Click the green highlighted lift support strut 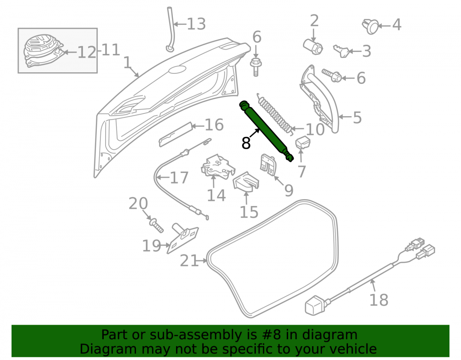tap(266, 131)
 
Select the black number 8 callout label tap(246, 143)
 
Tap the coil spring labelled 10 tap(276, 114)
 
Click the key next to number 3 tap(341, 51)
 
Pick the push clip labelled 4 tap(371, 26)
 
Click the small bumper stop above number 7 tap(302, 142)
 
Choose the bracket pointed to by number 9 tap(268, 165)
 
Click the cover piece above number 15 tap(246, 182)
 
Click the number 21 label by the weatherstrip tap(189, 261)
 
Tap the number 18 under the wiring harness tap(378, 300)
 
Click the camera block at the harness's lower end tap(315, 305)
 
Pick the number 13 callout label tap(196, 24)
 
